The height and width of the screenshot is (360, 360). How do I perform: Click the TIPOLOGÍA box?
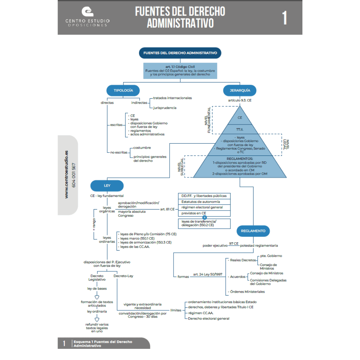(123, 90)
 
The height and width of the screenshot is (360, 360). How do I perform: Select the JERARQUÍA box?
(237, 90)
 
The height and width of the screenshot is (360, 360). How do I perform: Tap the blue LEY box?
(107, 186)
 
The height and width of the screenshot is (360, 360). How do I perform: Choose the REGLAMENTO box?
(253, 231)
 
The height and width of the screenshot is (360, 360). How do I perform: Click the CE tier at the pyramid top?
(240, 117)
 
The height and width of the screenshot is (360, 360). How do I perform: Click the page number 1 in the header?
(284, 18)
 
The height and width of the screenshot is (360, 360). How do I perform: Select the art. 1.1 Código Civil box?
(180, 71)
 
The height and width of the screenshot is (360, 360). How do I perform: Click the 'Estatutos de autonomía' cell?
(204, 202)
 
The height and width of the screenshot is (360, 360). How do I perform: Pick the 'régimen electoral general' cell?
(204, 207)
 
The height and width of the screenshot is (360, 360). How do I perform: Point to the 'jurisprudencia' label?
(165, 108)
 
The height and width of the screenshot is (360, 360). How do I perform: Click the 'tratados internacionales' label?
(172, 98)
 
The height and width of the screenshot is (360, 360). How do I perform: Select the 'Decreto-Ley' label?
(123, 276)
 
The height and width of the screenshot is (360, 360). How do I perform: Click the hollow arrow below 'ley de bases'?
(96, 297)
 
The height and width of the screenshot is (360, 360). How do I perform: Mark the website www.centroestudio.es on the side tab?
(67, 174)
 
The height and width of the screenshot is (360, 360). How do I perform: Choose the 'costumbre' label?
(142, 148)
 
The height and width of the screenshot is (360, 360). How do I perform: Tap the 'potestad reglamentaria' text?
(259, 246)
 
